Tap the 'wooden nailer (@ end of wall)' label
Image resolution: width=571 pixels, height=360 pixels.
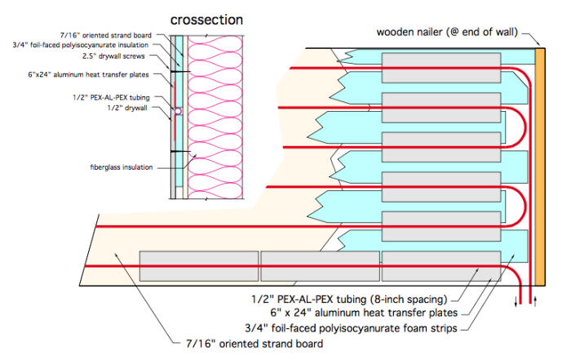click(447, 33)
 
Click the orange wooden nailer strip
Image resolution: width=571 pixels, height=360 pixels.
click(539, 163)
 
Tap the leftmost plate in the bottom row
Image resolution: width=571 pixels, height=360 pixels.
click(199, 266)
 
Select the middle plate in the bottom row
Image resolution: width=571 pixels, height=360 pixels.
click(320, 266)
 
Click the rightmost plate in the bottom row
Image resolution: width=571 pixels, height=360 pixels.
click(440, 266)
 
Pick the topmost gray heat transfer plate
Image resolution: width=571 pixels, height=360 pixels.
click(440, 63)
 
